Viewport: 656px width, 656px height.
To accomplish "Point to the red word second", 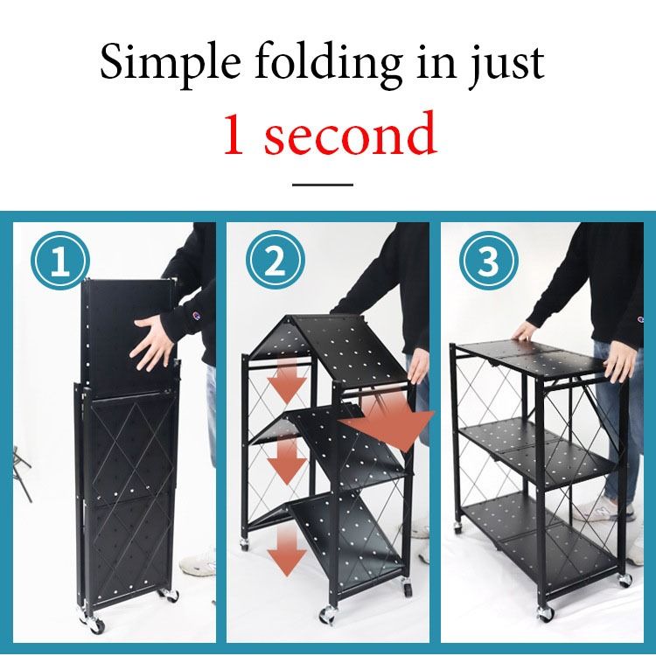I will point(350,136).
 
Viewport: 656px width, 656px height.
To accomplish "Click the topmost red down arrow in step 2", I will point(286,378).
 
